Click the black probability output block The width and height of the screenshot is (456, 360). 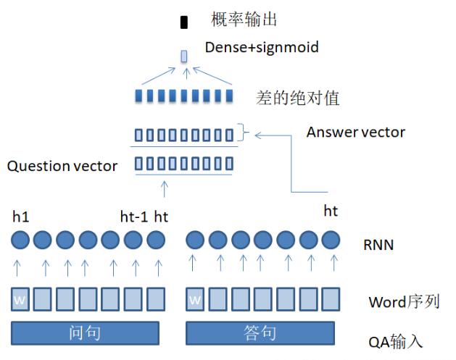pos(184,22)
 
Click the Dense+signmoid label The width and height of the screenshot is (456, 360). pos(262,47)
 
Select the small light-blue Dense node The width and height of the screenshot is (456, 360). pos(184,56)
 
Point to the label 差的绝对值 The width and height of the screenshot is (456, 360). pos(298,97)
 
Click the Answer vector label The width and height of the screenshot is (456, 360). pos(355,132)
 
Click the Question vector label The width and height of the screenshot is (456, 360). pos(62,166)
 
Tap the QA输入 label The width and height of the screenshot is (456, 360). pos(395,340)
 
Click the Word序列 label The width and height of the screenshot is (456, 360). pos(404,301)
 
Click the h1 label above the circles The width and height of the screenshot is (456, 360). pos(21,216)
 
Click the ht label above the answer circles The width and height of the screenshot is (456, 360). pos(331,211)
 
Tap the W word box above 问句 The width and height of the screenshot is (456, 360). pos(22,298)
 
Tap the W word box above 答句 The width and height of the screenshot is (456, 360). pos(196,298)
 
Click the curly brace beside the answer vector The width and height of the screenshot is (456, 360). pos(244,133)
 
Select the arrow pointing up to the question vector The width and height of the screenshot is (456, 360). pos(164,188)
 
